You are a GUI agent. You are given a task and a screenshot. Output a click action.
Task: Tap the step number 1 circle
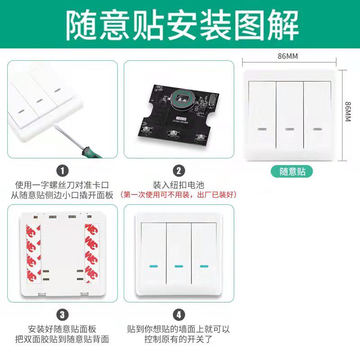point(62,171)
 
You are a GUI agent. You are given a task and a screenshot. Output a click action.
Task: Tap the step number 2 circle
point(179,171)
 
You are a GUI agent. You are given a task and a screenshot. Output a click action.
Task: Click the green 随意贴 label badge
point(291,171)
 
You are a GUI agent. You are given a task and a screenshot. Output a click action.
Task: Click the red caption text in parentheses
point(179,195)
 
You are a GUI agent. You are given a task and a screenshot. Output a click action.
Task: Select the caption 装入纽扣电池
point(179,184)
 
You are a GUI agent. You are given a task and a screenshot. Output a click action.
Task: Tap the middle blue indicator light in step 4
point(179,266)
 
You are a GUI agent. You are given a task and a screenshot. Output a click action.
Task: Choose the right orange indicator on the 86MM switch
point(318,130)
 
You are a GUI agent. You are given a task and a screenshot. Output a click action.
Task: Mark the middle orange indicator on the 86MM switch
point(290,130)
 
